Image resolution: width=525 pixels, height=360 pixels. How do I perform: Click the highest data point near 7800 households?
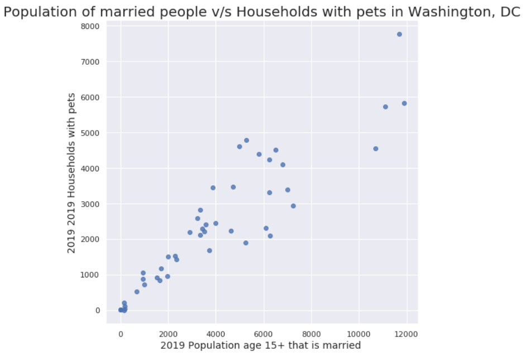(x=399, y=34)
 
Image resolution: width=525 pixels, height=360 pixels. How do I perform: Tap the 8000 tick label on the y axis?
(x=90, y=26)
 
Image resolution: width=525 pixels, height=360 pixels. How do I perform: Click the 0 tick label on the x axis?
(x=121, y=334)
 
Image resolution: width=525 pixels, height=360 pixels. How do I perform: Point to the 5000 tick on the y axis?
(x=90, y=133)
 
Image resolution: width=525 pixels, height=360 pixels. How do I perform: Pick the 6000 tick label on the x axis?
(x=264, y=334)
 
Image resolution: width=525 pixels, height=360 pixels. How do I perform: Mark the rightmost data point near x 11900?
(x=404, y=103)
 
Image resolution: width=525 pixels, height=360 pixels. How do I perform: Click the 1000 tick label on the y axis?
(x=90, y=275)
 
